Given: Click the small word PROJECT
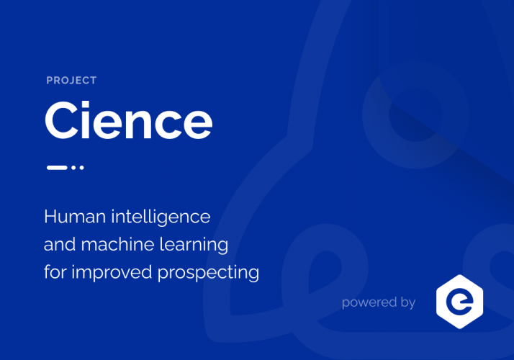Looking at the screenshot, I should pos(71,81).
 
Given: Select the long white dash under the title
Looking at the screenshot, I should pos(57,167).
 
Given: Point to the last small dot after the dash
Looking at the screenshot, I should pos(81,167).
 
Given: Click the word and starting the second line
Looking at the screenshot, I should pos(57,245).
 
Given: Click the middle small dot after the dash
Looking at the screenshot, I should pos(74,167).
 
